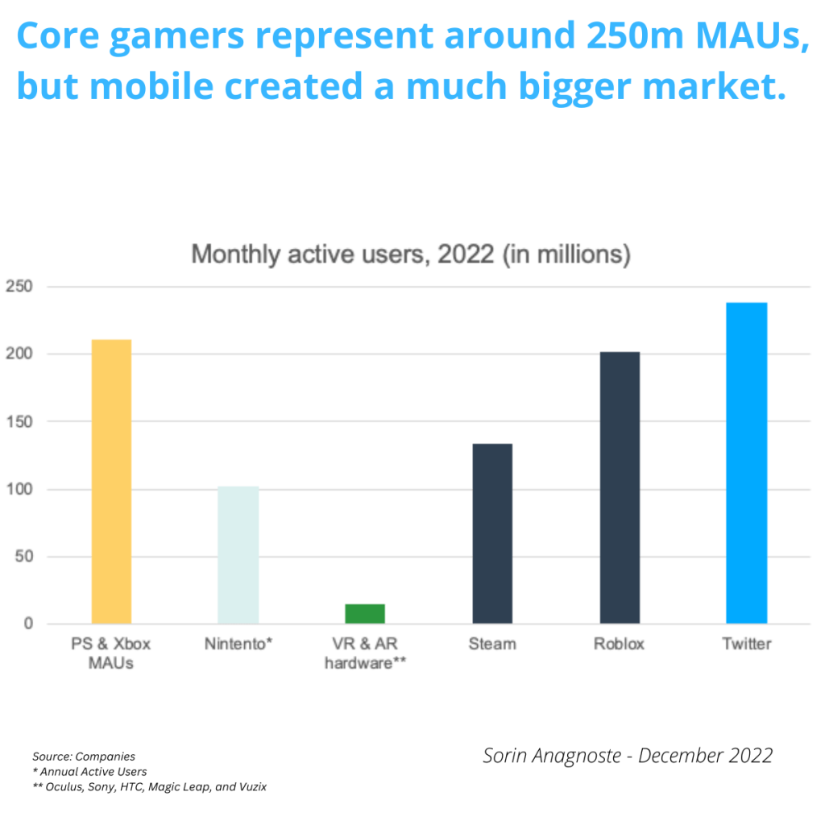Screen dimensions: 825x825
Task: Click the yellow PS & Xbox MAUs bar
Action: tap(111, 481)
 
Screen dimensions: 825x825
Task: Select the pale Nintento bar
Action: tap(238, 554)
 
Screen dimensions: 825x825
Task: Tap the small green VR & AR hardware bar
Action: tap(365, 614)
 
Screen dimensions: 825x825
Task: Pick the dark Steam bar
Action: tap(492, 533)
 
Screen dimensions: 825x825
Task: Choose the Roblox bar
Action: tap(620, 487)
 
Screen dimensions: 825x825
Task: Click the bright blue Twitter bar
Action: tap(746, 463)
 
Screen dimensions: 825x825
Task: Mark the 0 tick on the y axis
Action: tap(27, 624)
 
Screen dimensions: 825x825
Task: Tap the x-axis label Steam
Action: tap(492, 645)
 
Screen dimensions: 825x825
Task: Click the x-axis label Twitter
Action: tap(746, 645)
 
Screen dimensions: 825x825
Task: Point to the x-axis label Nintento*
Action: tap(238, 645)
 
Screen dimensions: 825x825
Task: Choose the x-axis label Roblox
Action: tap(620, 645)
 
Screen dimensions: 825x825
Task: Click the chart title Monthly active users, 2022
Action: tap(410, 255)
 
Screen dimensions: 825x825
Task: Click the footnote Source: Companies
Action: tap(84, 757)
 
